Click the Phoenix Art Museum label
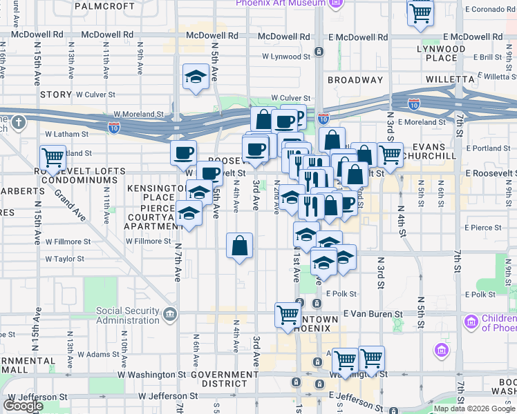point(280,3)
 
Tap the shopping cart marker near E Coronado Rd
point(420,14)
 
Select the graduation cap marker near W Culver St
point(196,77)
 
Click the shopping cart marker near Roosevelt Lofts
point(53,157)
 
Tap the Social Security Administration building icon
point(170,316)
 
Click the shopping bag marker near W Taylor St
point(239,246)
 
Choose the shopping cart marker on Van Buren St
point(288,315)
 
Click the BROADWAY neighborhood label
point(355,80)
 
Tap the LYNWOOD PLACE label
point(442,54)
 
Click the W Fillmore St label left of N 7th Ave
point(68,241)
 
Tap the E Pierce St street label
point(483,227)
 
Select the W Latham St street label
point(68,134)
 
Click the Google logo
point(23,406)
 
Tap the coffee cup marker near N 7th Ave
point(183,153)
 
